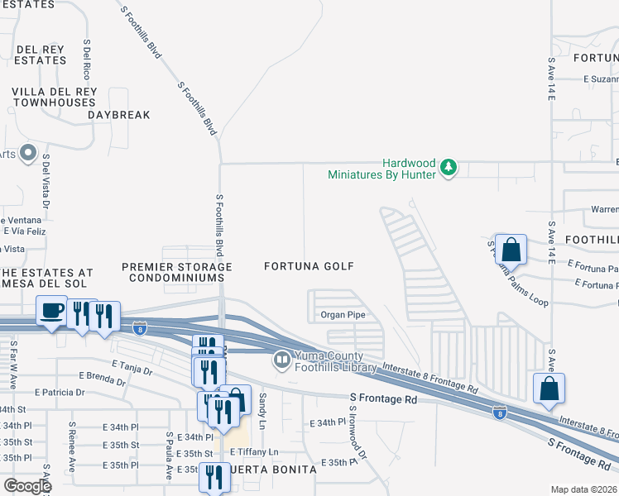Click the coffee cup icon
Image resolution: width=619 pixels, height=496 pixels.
tap(51, 310)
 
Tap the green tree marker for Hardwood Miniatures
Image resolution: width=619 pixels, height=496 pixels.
tap(449, 168)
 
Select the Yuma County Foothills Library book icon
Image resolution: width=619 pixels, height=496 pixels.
tap(281, 360)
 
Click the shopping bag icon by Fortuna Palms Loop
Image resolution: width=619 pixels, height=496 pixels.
tap(512, 250)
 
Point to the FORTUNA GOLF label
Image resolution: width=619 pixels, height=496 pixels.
tap(309, 266)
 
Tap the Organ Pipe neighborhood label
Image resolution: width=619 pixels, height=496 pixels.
tap(343, 315)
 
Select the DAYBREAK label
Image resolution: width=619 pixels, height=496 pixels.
tap(119, 115)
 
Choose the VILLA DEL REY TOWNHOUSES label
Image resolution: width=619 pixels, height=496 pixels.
tap(54, 97)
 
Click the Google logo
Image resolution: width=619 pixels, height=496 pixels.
tap(27, 485)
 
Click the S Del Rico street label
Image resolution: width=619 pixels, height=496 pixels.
tap(86, 57)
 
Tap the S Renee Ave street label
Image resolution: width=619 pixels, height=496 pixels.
tap(72, 451)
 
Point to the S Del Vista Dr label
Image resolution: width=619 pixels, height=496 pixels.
tap(46, 178)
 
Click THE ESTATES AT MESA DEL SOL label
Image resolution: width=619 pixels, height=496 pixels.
tap(46, 278)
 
